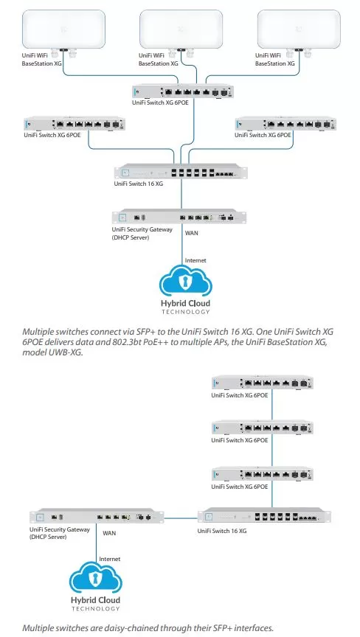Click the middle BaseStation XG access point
(181, 29)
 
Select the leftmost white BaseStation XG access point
(63, 29)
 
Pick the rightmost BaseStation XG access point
(299, 29)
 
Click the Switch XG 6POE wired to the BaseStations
(183, 91)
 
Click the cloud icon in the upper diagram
(186, 280)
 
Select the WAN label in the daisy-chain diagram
(109, 532)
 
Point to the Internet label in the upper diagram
(195, 260)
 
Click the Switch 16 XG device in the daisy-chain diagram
(264, 516)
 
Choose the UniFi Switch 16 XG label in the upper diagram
(139, 184)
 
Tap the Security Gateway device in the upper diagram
(179, 217)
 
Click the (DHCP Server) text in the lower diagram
(48, 537)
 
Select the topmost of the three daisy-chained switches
(263, 383)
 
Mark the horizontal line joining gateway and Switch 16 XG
(181, 518)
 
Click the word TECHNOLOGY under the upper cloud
(185, 312)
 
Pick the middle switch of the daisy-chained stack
(263, 428)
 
